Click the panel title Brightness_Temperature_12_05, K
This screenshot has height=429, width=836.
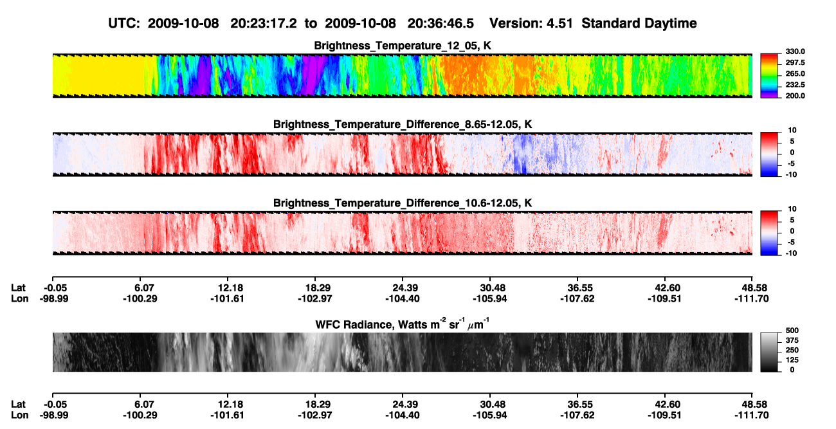pyautogui.click(x=403, y=46)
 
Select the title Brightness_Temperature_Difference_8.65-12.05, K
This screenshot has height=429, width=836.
pyautogui.click(x=403, y=124)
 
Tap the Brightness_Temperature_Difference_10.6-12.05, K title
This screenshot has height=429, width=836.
pyautogui.click(x=403, y=203)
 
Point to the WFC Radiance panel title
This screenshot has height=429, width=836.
pyautogui.click(x=403, y=324)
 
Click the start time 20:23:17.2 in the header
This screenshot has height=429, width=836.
pyautogui.click(x=264, y=23)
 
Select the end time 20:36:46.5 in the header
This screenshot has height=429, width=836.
pyautogui.click(x=441, y=23)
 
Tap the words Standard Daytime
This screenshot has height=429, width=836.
pyautogui.click(x=639, y=24)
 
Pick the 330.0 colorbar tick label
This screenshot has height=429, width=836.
pyautogui.click(x=795, y=51)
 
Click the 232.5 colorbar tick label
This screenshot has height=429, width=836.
pyautogui.click(x=795, y=85)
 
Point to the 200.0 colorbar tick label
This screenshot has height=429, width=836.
pyautogui.click(x=795, y=96)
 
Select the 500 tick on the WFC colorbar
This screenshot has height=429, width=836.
pyautogui.click(x=792, y=331)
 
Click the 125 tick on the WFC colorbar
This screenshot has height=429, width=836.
pyautogui.click(x=792, y=360)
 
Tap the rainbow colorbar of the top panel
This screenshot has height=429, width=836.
pyautogui.click(x=769, y=76)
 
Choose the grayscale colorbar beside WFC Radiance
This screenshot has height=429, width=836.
pyautogui.click(x=769, y=352)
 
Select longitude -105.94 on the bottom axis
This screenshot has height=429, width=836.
pyautogui.click(x=489, y=415)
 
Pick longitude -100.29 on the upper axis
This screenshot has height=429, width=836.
pyautogui.click(x=140, y=298)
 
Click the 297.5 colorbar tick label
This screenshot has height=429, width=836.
pyautogui.click(x=795, y=63)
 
